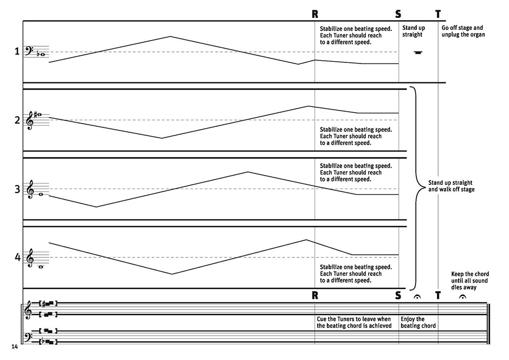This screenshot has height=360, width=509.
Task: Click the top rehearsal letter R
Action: click(315, 14)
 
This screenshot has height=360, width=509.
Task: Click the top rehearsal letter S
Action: click(399, 14)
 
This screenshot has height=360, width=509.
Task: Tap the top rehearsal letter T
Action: click(438, 14)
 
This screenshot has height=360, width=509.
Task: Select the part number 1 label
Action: click(17, 52)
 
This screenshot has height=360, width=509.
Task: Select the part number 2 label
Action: click(17, 120)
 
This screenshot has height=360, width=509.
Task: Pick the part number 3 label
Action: click(17, 189)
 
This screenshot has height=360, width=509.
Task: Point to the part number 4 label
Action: click(17, 258)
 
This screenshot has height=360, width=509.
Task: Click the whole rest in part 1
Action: click(417, 53)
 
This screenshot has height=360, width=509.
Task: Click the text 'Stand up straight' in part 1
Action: click(413, 31)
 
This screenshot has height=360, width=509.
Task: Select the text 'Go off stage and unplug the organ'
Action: click(463, 31)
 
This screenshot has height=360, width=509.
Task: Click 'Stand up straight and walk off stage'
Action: click(451, 186)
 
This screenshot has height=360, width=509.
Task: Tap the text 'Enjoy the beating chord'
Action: click(418, 322)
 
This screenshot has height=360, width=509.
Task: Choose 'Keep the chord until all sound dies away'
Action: click(469, 280)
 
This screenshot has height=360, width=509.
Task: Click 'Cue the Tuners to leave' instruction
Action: click(353, 322)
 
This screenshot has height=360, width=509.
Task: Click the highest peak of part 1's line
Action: click(170, 37)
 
